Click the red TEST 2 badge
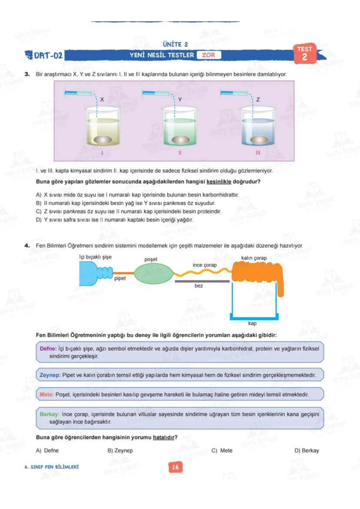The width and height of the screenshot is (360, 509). pos(305,53)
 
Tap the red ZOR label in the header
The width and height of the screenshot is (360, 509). pos(208,55)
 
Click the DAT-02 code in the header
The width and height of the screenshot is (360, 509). pos(45,56)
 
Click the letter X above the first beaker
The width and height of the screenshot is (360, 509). pos(102,100)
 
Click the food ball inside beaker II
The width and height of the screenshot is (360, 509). pos(179,140)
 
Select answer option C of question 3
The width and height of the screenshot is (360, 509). pos(129,211)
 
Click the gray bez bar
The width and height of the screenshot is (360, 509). pos(202,281)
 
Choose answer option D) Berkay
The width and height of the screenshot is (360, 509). pos(307,450)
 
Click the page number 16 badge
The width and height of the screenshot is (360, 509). pos(175,467)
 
